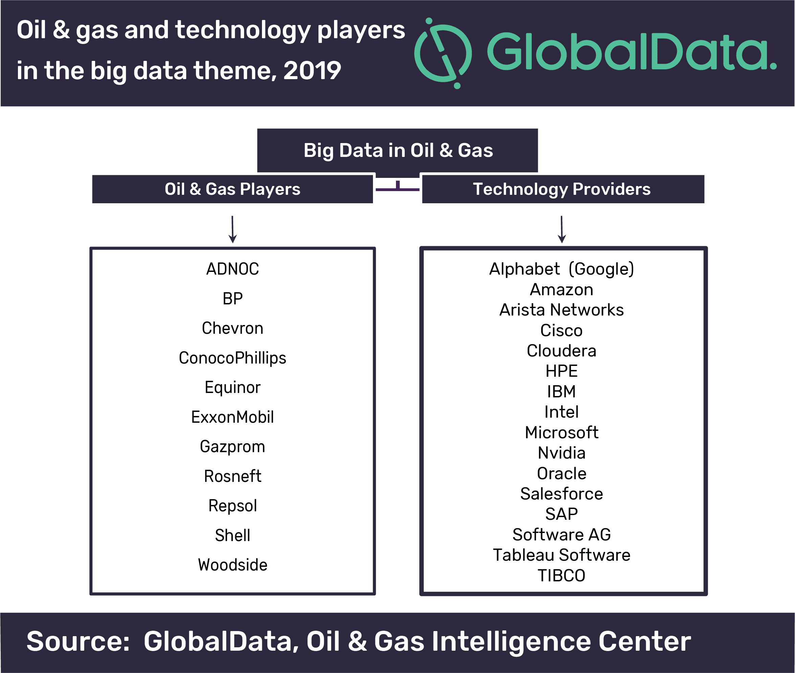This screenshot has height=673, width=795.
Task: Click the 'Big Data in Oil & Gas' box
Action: click(397, 150)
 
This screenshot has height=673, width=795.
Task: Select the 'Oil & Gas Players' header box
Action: click(233, 189)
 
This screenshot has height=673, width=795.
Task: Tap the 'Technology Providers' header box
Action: click(563, 189)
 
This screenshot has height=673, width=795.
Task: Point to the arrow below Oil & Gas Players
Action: click(233, 229)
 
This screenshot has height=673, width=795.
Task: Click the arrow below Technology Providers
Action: click(562, 229)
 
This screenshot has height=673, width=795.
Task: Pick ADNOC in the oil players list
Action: click(233, 269)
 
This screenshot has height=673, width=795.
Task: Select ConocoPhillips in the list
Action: click(233, 358)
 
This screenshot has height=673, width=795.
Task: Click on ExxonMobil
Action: click(233, 417)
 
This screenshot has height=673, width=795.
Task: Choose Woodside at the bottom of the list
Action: click(233, 565)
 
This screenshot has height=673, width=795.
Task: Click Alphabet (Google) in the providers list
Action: click(562, 269)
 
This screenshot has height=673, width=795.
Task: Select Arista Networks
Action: click(562, 310)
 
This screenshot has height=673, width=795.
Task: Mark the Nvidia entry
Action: click(562, 453)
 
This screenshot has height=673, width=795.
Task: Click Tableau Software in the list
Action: click(562, 555)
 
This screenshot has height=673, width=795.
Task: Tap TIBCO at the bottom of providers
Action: click(562, 576)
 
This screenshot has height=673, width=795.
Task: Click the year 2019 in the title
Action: click(312, 71)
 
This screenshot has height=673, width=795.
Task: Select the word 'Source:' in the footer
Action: click(78, 641)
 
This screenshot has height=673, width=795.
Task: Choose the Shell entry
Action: click(233, 536)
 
